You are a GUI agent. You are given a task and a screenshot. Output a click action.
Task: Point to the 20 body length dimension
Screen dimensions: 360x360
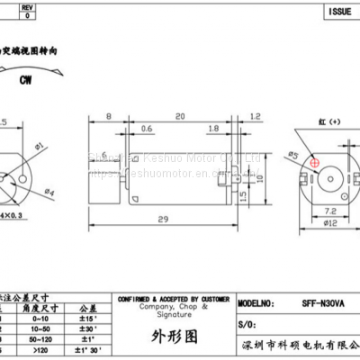[x=180, y=116]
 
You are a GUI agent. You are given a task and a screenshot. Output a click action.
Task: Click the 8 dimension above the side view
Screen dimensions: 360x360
[x=107, y=116]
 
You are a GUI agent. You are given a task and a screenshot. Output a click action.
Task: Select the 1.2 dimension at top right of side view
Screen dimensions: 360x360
[x=256, y=116]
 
